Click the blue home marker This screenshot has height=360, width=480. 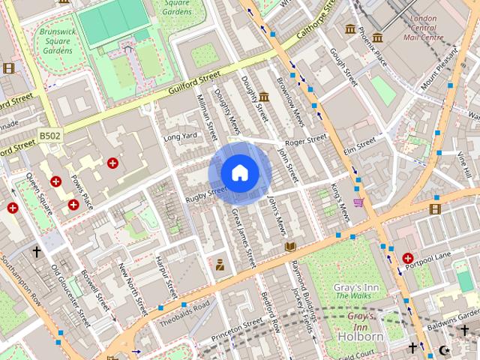[239, 173]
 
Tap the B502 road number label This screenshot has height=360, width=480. [49, 135]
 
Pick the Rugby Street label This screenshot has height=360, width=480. [205, 193]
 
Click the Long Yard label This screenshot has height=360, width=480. [179, 136]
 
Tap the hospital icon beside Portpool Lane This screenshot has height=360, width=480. [408, 257]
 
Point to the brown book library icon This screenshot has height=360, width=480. [290, 246]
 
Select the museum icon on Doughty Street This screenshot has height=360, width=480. [264, 96]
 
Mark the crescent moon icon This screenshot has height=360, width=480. [444, 350]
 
